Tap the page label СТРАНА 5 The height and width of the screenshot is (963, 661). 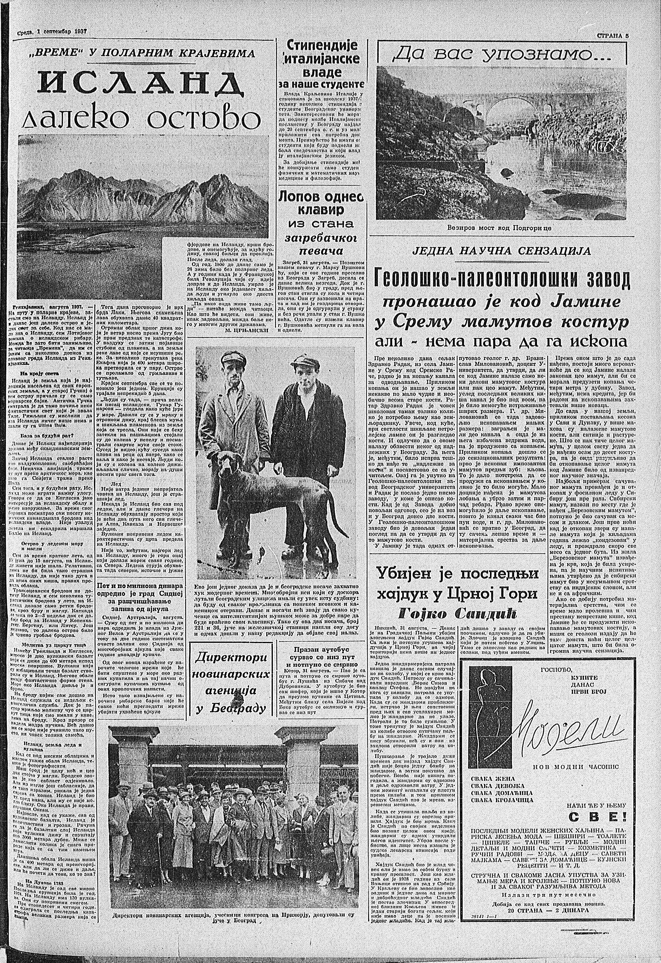pos(612,35)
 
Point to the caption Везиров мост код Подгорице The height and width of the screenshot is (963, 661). pos(505,228)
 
